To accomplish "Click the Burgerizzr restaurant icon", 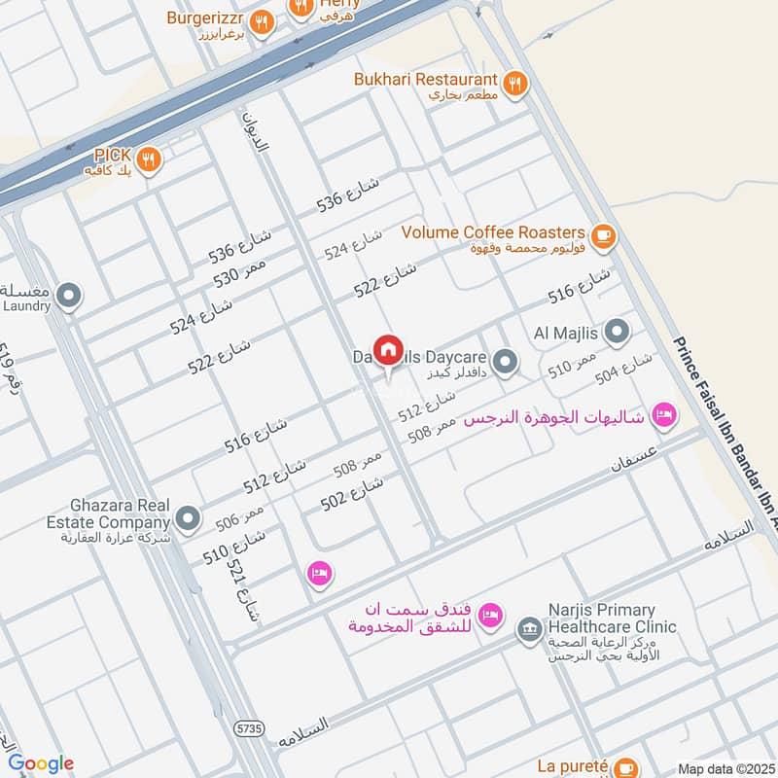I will (x=261, y=22).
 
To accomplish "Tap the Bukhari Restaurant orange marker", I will (x=515, y=83).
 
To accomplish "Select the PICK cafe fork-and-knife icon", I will (x=148, y=159).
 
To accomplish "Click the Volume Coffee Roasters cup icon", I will (x=603, y=233).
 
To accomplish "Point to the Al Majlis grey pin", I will (x=617, y=334).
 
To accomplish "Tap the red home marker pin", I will (x=388, y=350).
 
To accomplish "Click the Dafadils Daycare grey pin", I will (x=504, y=363).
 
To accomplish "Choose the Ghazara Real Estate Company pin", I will (x=189, y=518).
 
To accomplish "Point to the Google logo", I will (x=41, y=763).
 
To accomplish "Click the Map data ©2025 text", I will (x=724, y=768).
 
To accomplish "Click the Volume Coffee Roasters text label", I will (x=493, y=232).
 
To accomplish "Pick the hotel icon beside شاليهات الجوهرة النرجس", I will (x=664, y=415).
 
